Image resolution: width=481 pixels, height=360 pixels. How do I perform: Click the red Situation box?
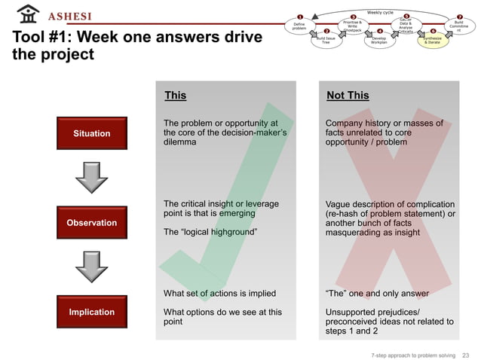[x=92, y=133]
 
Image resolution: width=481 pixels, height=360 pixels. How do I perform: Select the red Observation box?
[x=92, y=222]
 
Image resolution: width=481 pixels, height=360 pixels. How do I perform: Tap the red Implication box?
[x=92, y=312]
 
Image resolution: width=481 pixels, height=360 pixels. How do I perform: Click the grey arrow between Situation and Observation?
[x=92, y=178]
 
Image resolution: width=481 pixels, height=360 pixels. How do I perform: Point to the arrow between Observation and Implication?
[x=92, y=267]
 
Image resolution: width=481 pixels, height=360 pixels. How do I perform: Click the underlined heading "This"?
[x=175, y=96]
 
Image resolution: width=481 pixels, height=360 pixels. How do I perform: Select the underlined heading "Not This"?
[x=348, y=96]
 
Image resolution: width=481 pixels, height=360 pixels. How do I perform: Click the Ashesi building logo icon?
[x=27, y=14]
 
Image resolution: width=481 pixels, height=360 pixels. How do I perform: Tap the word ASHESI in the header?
[x=70, y=17]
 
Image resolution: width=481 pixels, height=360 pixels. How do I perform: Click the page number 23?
[x=465, y=355]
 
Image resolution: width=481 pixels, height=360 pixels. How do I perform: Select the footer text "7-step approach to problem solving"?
[x=413, y=355]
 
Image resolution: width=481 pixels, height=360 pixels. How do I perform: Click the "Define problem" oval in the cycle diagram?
[x=299, y=26]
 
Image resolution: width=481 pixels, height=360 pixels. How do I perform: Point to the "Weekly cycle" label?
[x=380, y=12]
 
